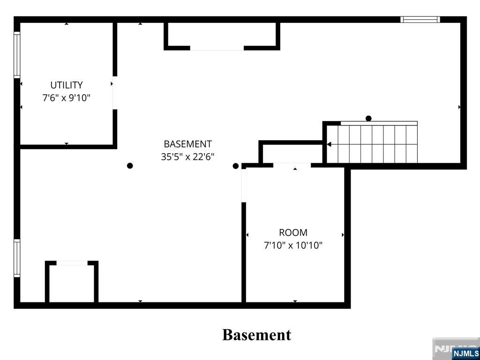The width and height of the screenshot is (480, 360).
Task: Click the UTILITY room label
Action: click(x=67, y=85)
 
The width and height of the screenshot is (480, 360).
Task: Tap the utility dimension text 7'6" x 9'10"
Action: click(x=67, y=98)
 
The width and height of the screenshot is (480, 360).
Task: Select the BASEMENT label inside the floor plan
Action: click(x=187, y=144)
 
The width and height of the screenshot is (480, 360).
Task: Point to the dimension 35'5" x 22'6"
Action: click(x=187, y=157)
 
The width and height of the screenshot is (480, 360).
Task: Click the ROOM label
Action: click(x=293, y=232)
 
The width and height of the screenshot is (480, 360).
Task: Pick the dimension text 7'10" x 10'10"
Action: click(x=293, y=246)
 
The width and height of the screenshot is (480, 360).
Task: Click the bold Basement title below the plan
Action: click(x=256, y=335)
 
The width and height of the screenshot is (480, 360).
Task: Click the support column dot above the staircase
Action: click(x=368, y=118)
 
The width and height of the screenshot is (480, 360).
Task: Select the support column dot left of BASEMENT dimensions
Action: click(x=130, y=165)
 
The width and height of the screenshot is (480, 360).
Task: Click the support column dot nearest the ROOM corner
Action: click(x=235, y=166)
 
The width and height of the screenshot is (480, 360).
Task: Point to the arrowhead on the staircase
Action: click(x=329, y=144)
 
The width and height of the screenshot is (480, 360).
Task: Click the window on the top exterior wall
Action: click(x=420, y=20)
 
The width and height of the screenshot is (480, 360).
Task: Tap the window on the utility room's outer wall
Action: click(x=17, y=55)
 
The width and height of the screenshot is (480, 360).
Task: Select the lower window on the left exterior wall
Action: click(x=17, y=258)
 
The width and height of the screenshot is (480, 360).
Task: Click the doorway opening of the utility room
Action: click(x=115, y=93)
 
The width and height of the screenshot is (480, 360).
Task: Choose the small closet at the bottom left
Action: click(x=72, y=282)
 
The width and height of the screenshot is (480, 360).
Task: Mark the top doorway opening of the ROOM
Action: click(x=292, y=165)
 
